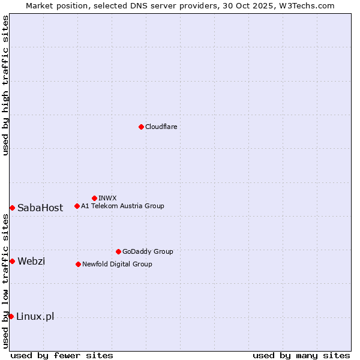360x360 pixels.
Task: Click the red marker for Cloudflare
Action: pos(141,127)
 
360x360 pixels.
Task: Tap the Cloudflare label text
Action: pos(161,127)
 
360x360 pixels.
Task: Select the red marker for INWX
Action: pos(94,198)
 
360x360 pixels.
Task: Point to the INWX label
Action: pos(107,198)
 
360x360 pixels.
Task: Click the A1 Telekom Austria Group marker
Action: pos(77,206)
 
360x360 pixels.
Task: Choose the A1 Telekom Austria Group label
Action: pos(122,206)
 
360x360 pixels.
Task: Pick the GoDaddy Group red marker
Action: pos(118,251)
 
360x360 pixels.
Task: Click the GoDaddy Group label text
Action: pos(148,251)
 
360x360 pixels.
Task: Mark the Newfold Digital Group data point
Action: pos(78,264)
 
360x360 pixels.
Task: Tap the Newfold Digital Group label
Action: pos(117,264)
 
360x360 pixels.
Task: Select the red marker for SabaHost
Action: pos(12,208)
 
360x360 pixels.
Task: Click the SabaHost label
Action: pos(40,208)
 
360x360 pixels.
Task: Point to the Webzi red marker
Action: pos(12,261)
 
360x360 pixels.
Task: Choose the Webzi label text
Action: pos(31,261)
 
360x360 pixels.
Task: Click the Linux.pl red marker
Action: pos(11,316)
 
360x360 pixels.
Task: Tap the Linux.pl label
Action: pos(35,316)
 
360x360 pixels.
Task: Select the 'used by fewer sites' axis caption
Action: pos(62,355)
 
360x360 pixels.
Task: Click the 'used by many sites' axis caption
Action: pos(301,355)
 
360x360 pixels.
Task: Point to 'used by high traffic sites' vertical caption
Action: pos(5,85)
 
